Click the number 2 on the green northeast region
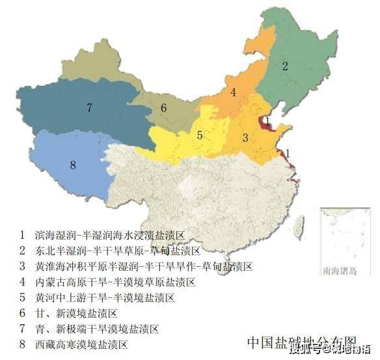point(284,65)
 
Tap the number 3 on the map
point(245,137)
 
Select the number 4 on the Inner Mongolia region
point(233,92)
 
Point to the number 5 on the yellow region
point(200,135)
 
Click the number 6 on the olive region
point(164,108)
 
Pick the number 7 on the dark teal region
point(89,107)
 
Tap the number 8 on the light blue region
point(73,165)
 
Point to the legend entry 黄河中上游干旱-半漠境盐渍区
point(105,298)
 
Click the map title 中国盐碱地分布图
point(302,341)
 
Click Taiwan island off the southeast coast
point(299,225)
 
